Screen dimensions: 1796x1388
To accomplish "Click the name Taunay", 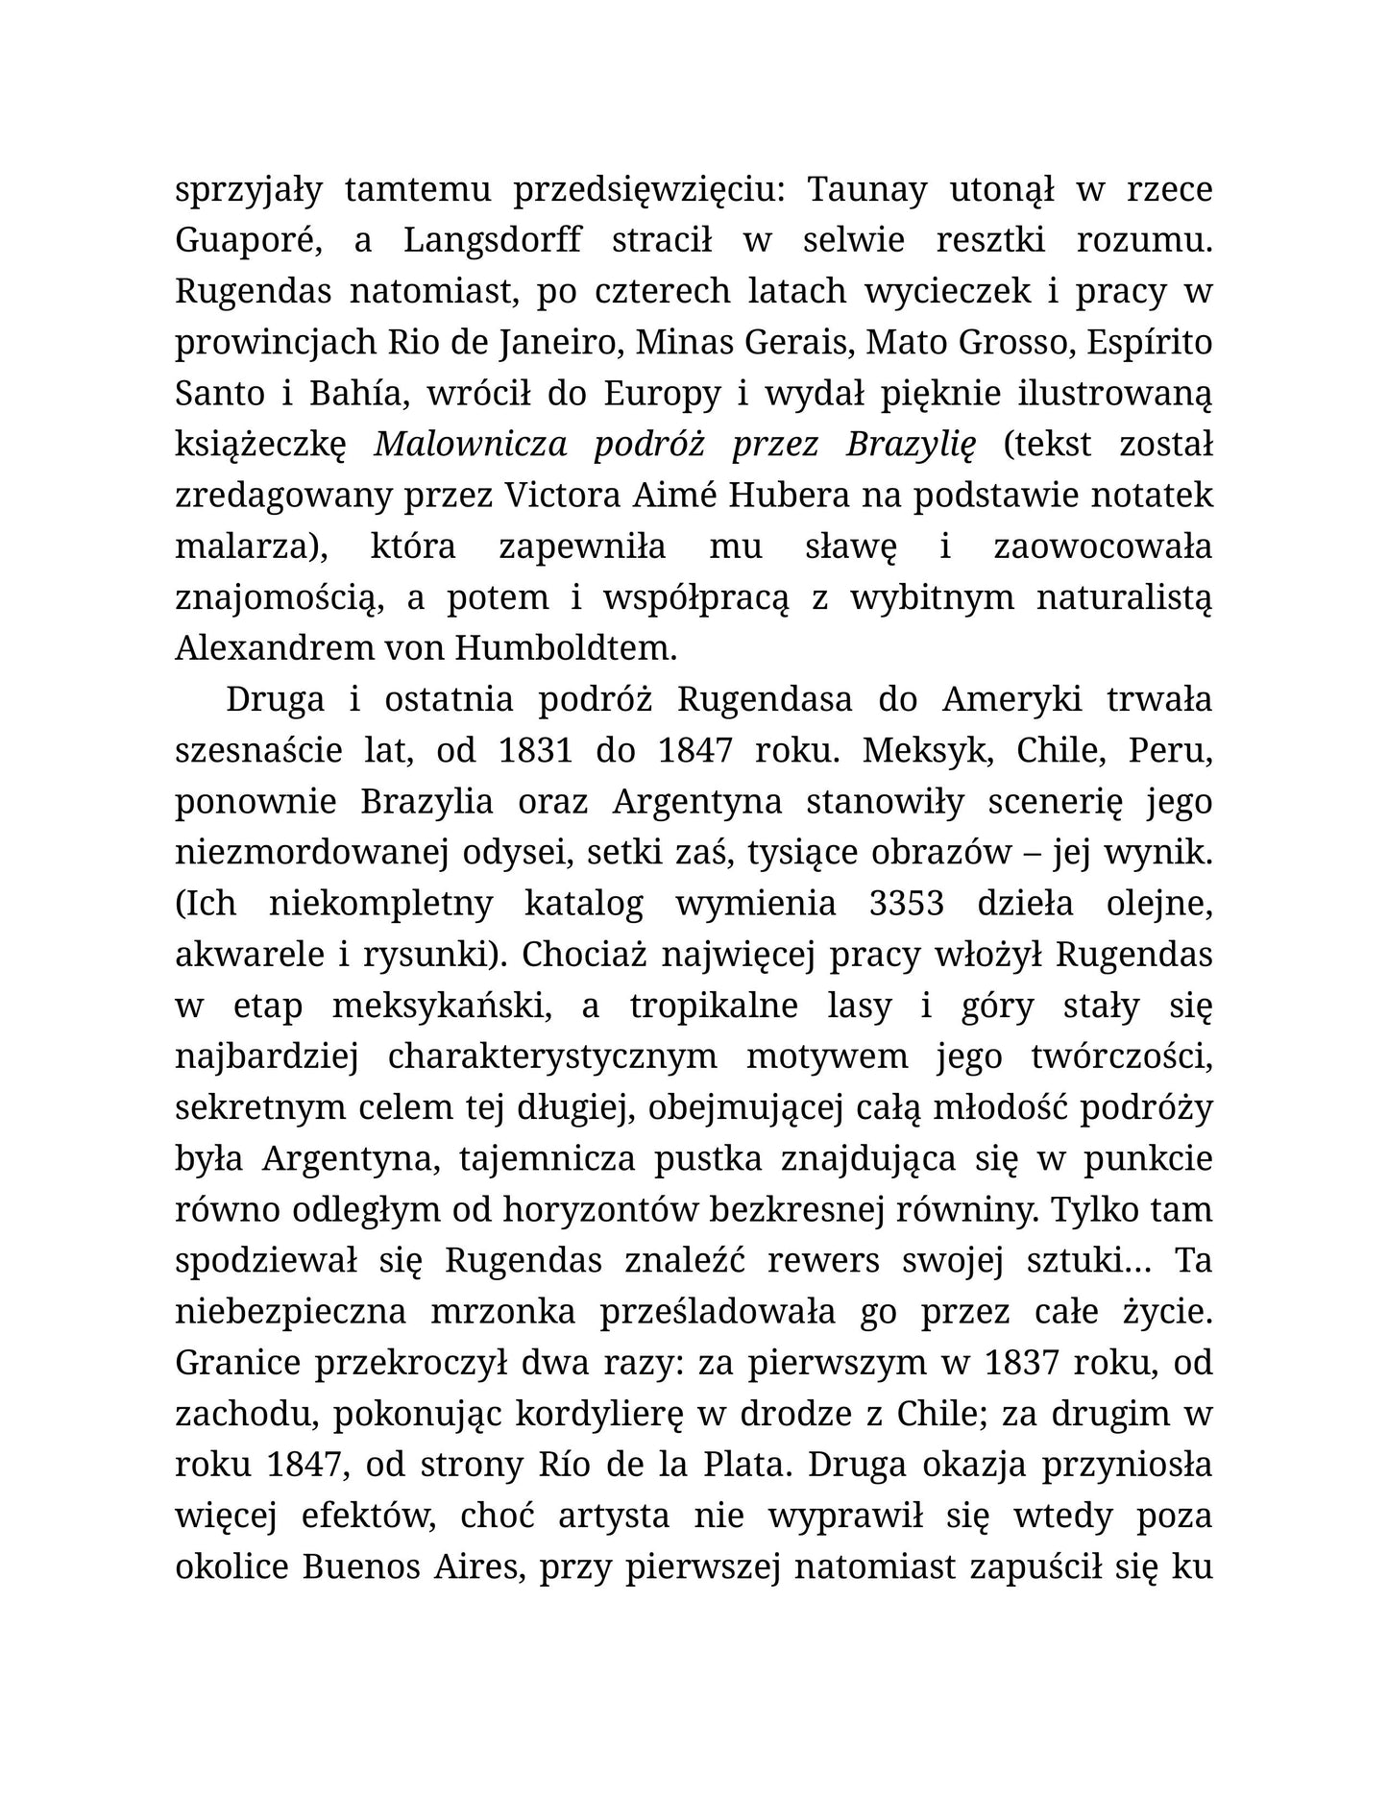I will tap(865, 190).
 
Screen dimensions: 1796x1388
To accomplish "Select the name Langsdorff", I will tap(492, 241).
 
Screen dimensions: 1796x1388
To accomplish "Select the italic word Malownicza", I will tap(470, 445).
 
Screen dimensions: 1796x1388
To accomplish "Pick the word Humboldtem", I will tap(565, 648).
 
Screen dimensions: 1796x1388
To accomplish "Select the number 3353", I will tap(906, 903).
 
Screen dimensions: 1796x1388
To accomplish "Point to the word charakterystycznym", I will tap(551, 1056).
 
